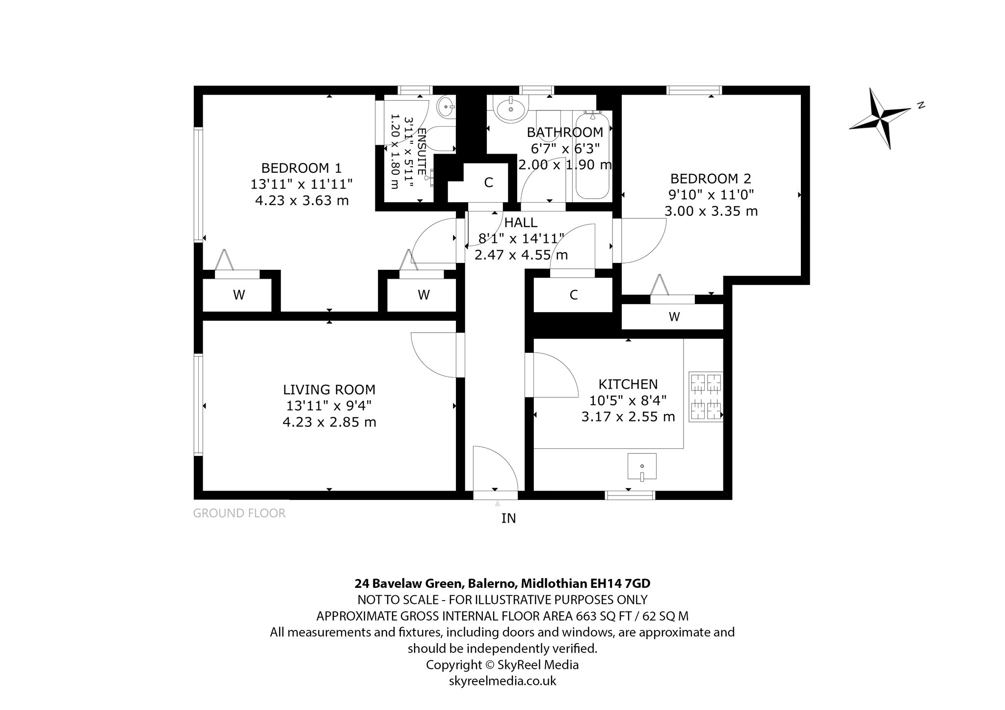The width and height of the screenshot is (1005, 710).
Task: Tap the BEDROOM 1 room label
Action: pyautogui.click(x=301, y=168)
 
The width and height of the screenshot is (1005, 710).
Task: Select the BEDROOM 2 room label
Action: pyautogui.click(x=711, y=179)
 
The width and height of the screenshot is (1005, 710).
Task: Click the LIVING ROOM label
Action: pyautogui.click(x=329, y=390)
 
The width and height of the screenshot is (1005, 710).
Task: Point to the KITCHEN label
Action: pyautogui.click(x=628, y=384)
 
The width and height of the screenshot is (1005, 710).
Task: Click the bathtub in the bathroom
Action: pyautogui.click(x=593, y=156)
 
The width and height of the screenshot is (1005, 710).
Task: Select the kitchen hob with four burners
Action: pyautogui.click(x=706, y=396)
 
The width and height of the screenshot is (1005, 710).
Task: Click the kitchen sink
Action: pyautogui.click(x=642, y=466)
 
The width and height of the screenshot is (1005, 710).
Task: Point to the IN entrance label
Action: pyautogui.click(x=508, y=518)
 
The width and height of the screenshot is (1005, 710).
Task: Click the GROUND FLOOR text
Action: pyautogui.click(x=239, y=513)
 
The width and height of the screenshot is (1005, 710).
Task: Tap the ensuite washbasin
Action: pyautogui.click(x=446, y=106)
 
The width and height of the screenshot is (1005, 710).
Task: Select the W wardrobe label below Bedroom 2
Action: pyautogui.click(x=674, y=317)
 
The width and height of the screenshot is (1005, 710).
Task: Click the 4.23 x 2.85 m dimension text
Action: pyautogui.click(x=329, y=422)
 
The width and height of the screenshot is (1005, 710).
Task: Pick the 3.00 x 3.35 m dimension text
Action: pyautogui.click(x=711, y=211)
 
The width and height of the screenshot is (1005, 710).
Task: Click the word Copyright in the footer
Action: pyautogui.click(x=454, y=665)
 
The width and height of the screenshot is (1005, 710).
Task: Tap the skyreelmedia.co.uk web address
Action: pyautogui.click(x=502, y=681)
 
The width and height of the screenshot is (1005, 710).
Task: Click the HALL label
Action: pyautogui.click(x=521, y=223)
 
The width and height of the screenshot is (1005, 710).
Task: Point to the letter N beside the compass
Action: pyautogui.click(x=922, y=105)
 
